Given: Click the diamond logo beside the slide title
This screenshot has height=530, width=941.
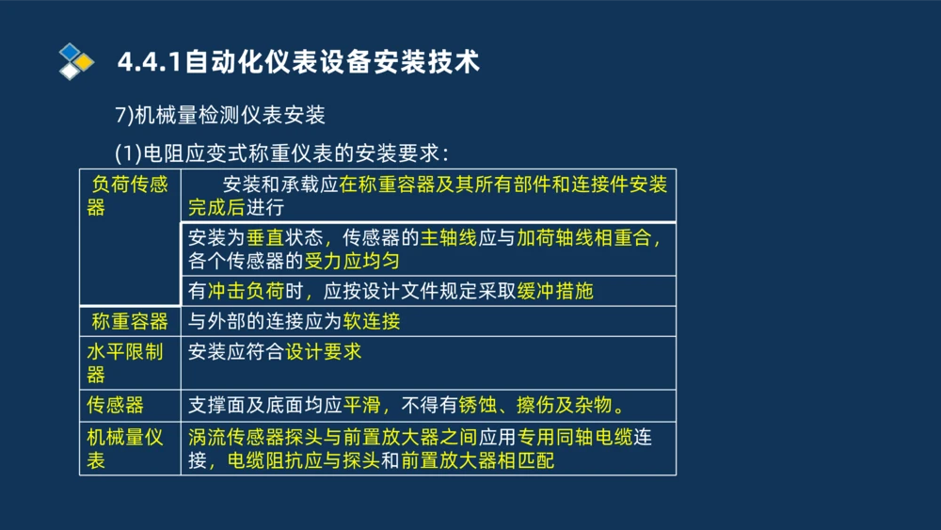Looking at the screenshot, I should coord(76,61).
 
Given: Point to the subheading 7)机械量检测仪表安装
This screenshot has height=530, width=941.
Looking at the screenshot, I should coord(219,116).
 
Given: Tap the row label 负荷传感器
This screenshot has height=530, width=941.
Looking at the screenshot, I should coord(128,195).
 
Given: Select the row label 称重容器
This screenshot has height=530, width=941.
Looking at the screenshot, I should coord(130,322).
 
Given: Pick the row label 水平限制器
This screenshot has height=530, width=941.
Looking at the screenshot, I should coord(124,362).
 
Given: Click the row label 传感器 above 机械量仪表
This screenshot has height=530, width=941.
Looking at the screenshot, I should coord(115,406).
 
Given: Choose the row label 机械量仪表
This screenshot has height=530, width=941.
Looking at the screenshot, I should coord(124,448).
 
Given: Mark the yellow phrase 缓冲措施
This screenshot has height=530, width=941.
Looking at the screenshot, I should coord(555,291).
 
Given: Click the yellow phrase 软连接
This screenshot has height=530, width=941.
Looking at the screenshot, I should coord(372,322).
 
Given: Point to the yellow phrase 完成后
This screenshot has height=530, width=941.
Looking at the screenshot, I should coord(216,207).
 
